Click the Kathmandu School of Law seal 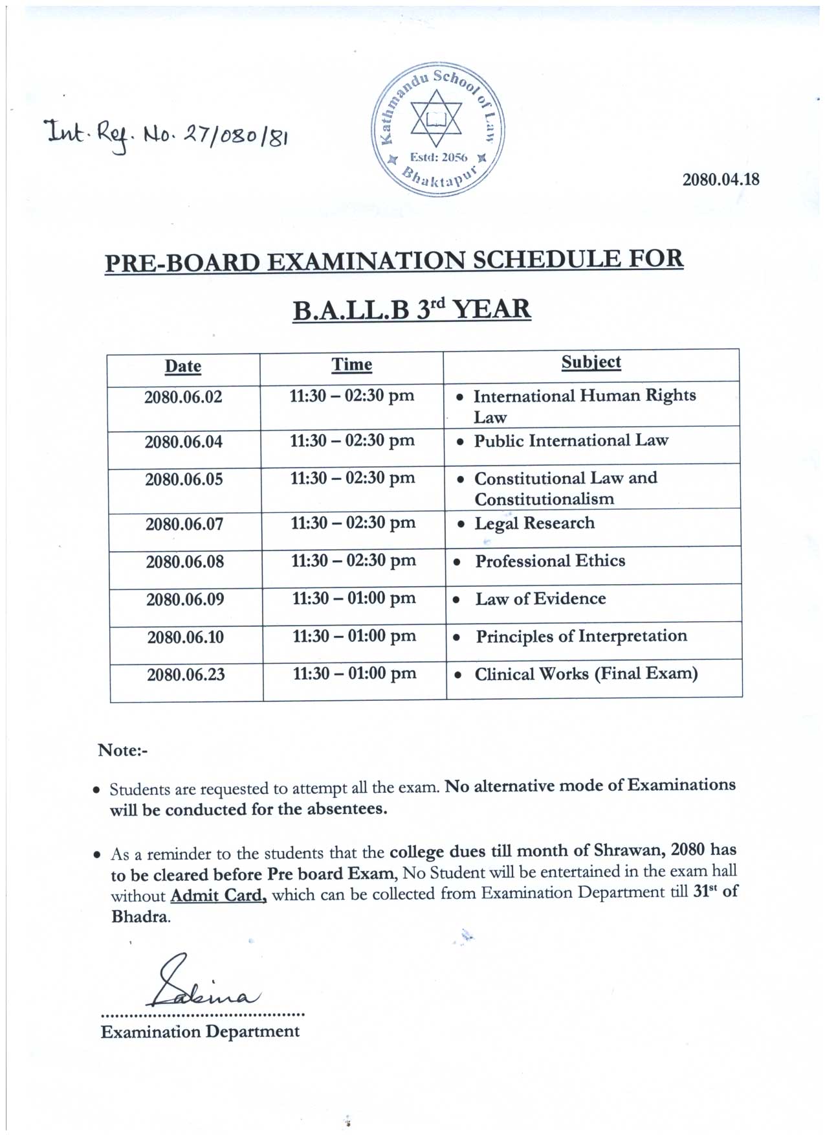[x=437, y=130]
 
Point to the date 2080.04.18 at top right [x=720, y=179]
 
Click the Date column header [x=183, y=367]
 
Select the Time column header [x=352, y=365]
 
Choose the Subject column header [x=591, y=362]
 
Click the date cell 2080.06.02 [x=183, y=397]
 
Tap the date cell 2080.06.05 [x=184, y=479]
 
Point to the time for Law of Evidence [x=354, y=598]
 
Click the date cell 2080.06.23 [x=186, y=675]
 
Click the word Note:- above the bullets [x=123, y=750]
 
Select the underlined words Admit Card [x=218, y=896]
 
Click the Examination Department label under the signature [x=200, y=1032]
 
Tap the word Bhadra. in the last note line [x=141, y=917]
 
